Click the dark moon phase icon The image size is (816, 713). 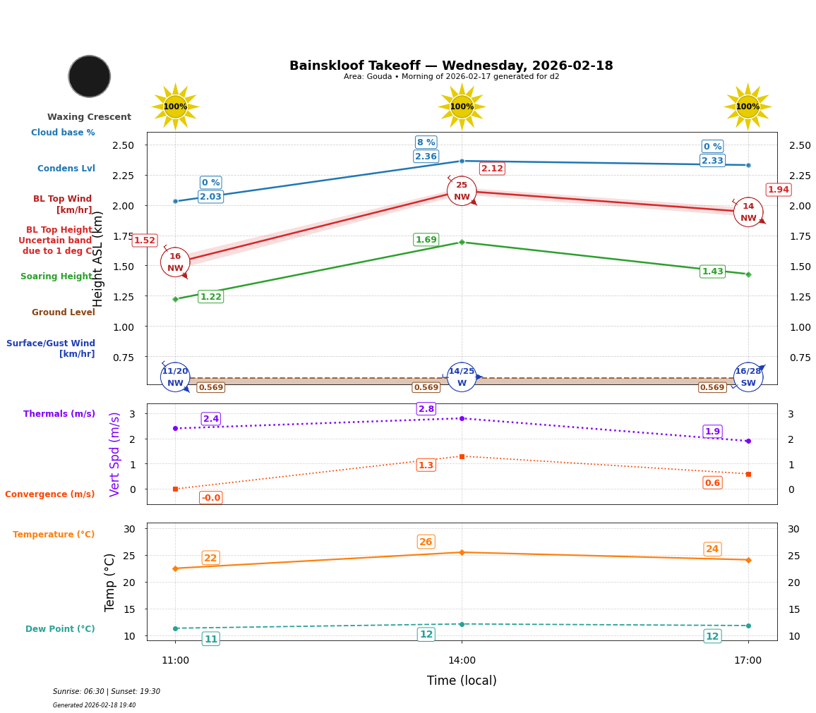(x=90, y=76)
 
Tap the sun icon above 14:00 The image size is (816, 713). (x=462, y=106)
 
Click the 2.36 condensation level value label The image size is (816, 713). (x=426, y=157)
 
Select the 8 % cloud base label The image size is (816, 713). (x=426, y=142)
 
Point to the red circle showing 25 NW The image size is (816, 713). (x=462, y=191)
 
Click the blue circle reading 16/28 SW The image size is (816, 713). (x=748, y=377)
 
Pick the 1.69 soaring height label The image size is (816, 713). (x=426, y=240)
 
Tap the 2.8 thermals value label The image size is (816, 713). (x=426, y=409)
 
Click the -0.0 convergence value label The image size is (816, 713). (x=210, y=498)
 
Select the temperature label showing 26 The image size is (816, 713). (x=426, y=542)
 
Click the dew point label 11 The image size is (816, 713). (x=210, y=639)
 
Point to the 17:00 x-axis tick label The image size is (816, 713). (x=748, y=661)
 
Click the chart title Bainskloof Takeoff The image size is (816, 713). (x=451, y=66)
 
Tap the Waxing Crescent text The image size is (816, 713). (x=89, y=117)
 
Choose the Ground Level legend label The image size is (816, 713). (x=63, y=312)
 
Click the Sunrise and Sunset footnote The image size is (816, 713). (x=107, y=692)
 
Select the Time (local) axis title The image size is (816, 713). (x=462, y=681)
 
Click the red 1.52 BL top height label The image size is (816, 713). (x=144, y=240)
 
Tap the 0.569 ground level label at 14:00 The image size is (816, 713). (x=426, y=388)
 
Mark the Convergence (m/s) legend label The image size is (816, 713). (x=49, y=494)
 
